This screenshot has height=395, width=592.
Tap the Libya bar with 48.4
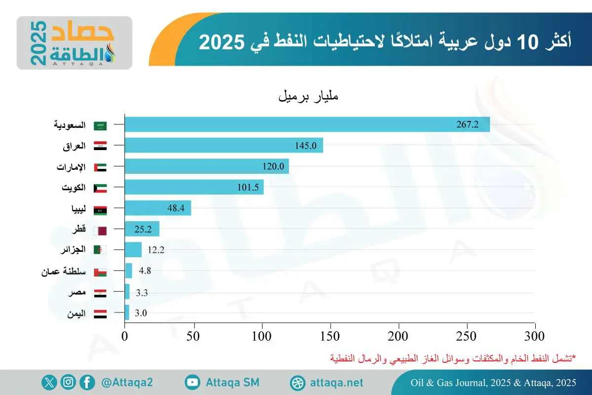pyautogui.click(x=158, y=208)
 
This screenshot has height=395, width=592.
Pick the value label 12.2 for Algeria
pyautogui.click(x=155, y=250)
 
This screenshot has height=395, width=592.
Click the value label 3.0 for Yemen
pyautogui.click(x=141, y=313)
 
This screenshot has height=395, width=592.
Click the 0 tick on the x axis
pyautogui.click(x=125, y=337)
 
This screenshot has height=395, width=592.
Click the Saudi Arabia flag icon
pyautogui.click(x=100, y=125)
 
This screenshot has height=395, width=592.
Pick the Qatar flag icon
pyautogui.click(x=100, y=230)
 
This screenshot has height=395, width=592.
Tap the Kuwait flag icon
pyautogui.click(x=100, y=188)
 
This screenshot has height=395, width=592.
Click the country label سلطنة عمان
pyautogui.click(x=64, y=272)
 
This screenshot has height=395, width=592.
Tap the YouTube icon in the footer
pyautogui.click(x=192, y=382)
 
